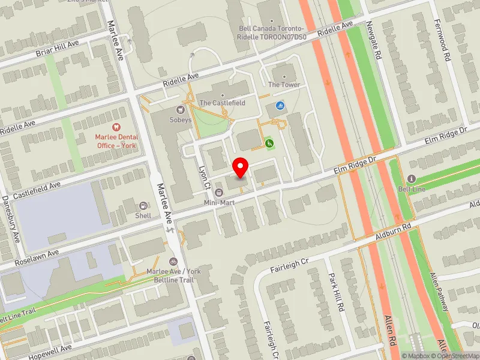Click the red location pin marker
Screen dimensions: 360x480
pyautogui.click(x=241, y=167)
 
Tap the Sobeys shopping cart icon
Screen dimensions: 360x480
pyautogui.click(x=180, y=110)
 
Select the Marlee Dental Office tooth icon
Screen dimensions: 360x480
pyautogui.click(x=116, y=127)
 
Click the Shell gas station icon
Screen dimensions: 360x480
pyautogui.click(x=143, y=206)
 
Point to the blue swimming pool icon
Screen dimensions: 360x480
pyautogui.click(x=280, y=106)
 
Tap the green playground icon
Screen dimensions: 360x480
pyautogui.click(x=270, y=143)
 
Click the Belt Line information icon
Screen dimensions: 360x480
pyautogui.click(x=411, y=179)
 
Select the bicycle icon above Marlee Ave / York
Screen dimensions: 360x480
pyautogui.click(x=173, y=262)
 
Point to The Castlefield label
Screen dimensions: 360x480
pyautogui.click(x=222, y=103)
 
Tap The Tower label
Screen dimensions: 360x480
pyautogui.click(x=284, y=85)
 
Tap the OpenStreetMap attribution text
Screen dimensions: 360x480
pyautogui.click(x=455, y=356)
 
